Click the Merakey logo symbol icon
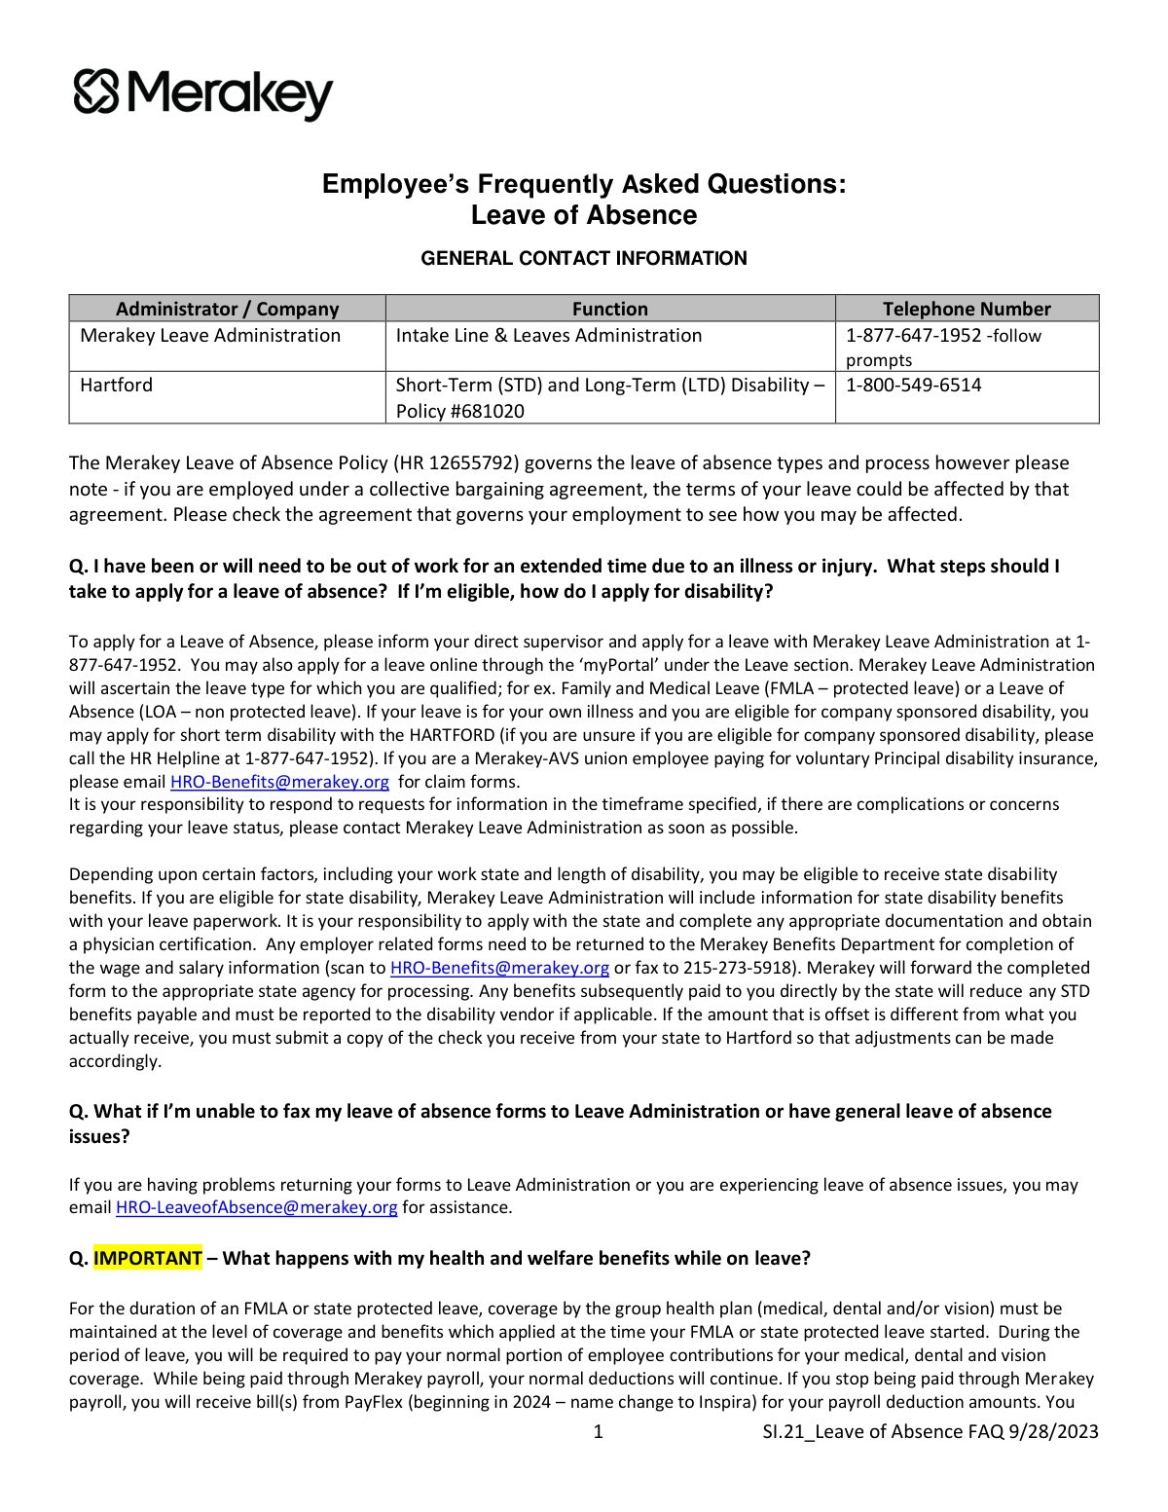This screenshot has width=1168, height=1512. tap(95, 92)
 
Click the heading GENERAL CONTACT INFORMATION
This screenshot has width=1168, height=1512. tap(584, 258)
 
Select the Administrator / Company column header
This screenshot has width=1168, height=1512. tap(227, 309)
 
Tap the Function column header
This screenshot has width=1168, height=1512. tap(609, 309)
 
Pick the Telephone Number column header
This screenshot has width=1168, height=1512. tap(967, 309)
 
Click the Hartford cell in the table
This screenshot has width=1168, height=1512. tap(117, 386)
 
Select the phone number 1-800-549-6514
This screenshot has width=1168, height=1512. tap(913, 386)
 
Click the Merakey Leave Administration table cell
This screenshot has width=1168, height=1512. tap(210, 336)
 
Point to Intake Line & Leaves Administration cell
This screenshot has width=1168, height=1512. tap(548, 336)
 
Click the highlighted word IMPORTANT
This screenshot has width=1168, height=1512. tap(148, 1258)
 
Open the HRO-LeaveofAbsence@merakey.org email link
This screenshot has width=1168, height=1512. tap(256, 1207)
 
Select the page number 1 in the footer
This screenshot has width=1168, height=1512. tap(598, 1431)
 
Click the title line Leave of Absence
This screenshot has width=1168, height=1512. tap(584, 215)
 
